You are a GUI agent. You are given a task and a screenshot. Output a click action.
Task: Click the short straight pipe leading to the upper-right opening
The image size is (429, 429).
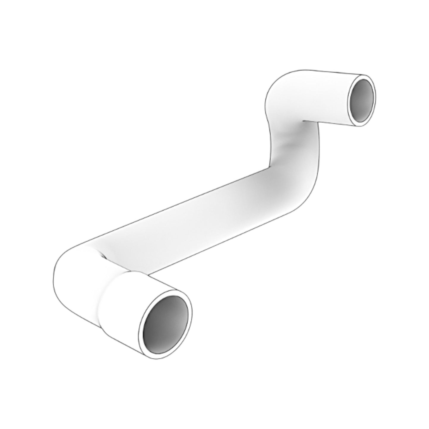click(x=330, y=98)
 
